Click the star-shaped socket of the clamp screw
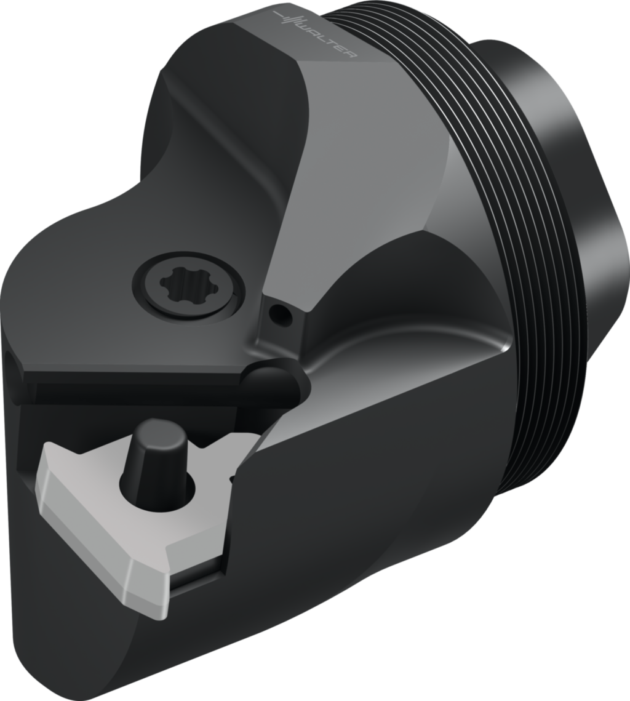tap(188, 286)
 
